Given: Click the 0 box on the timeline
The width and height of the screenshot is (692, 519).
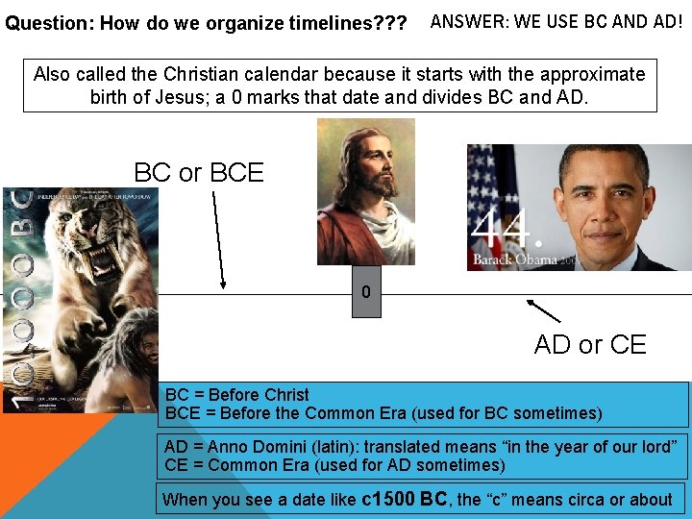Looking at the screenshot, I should point(365,292).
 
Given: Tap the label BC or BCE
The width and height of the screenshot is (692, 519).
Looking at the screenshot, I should point(199,173).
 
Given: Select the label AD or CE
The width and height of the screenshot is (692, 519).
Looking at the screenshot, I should point(590,345).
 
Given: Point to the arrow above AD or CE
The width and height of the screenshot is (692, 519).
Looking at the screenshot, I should point(544,310).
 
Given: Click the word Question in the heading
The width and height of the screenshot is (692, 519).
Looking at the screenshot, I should point(44,22).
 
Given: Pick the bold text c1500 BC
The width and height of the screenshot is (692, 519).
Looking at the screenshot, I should point(403,499).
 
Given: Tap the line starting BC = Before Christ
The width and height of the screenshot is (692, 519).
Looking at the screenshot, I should point(237,395).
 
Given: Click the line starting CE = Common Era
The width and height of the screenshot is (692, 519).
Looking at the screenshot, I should point(334,465).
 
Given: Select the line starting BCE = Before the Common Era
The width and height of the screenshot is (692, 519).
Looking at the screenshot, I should point(383,413).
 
